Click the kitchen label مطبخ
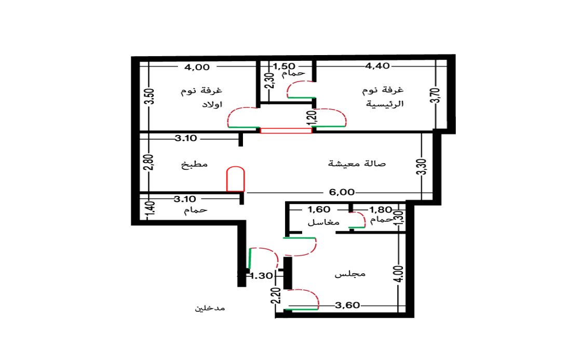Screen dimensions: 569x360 pos(194,165)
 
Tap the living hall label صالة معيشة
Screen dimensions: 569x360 pos(357,164)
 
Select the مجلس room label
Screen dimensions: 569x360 pos(350,274)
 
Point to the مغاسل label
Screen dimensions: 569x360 pos(323,222)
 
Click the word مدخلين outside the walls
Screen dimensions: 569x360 pos(210,308)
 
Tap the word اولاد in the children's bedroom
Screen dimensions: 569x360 pos(212,104)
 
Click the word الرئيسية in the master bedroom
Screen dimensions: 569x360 pos(384,104)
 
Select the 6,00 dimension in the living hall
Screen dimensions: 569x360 pos(342,192)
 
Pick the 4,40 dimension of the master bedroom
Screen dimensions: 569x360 pos(377,66)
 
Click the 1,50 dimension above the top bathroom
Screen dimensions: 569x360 pos(284,66)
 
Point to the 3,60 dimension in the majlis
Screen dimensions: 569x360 pos(347,305)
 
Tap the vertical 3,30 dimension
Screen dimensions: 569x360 pos(422,167)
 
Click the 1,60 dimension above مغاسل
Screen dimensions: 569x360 pos(319,209)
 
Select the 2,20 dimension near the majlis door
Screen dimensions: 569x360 pos(277,296)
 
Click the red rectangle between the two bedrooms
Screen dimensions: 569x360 pos(286,131)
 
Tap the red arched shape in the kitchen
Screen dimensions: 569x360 pos(236,179)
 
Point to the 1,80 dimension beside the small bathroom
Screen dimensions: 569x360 pos(381,209)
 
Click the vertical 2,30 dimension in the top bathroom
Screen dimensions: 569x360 pos(269,81)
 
